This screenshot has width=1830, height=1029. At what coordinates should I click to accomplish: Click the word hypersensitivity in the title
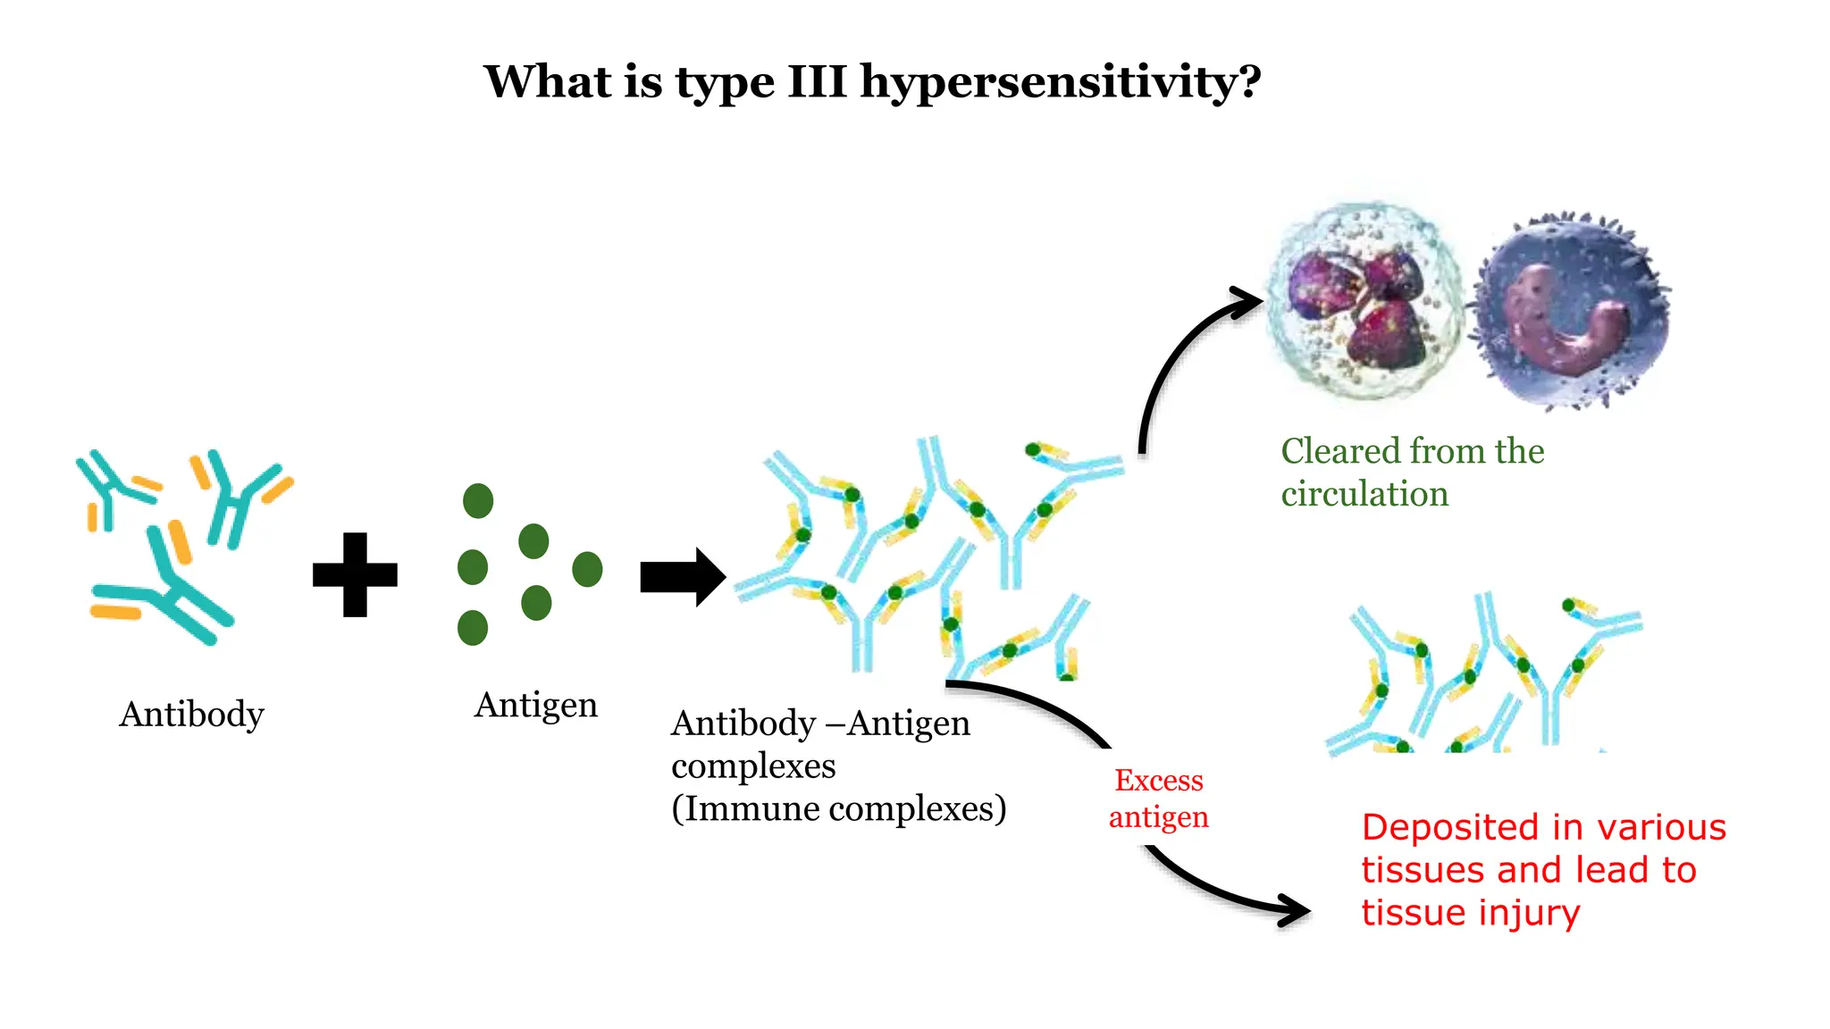click(1060, 83)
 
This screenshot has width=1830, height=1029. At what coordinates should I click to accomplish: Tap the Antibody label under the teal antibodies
click(192, 714)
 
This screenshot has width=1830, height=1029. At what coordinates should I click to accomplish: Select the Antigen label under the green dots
click(535, 705)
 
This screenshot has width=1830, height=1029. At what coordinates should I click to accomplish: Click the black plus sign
click(355, 574)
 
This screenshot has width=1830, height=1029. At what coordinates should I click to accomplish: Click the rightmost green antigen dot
click(587, 569)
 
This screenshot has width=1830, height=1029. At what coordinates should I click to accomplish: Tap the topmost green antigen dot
click(478, 501)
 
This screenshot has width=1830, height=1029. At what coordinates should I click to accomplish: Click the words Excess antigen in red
click(1158, 798)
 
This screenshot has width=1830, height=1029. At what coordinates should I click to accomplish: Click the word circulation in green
click(1364, 494)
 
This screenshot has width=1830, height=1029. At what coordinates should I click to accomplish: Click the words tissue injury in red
click(1470, 913)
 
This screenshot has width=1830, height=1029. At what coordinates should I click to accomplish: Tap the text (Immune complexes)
click(838, 808)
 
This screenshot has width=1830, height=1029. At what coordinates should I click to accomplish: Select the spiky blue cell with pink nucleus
click(1570, 311)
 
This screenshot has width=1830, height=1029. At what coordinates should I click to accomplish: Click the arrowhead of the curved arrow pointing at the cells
click(1247, 301)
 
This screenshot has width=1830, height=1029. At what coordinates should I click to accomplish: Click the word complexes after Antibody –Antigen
click(753, 766)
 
